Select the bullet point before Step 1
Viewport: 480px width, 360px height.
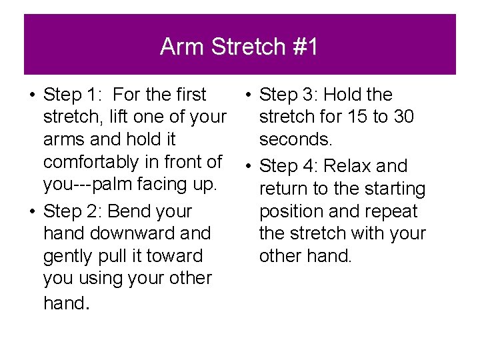pos(31,95)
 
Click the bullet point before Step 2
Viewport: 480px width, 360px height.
pos(31,212)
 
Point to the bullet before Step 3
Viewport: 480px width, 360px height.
pos(247,95)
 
